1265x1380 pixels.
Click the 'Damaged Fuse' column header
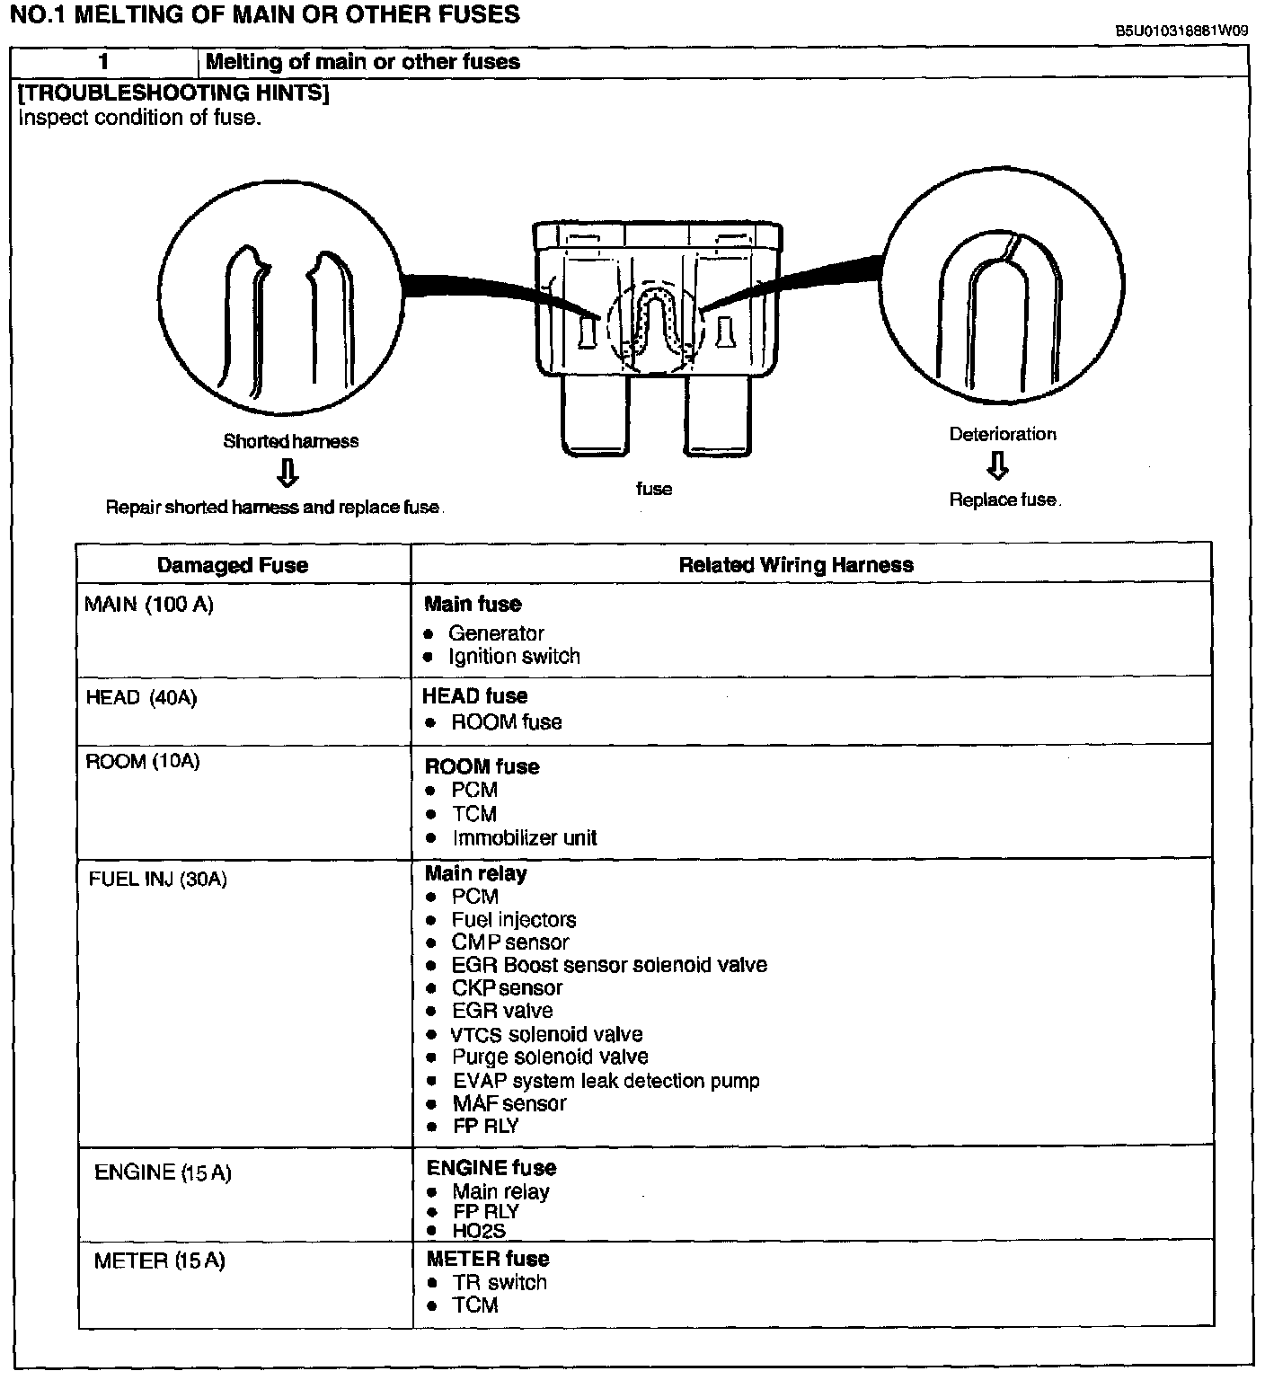coord(232,565)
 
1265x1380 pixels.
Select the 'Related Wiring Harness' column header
coord(795,565)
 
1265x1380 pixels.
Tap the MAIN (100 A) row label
coord(149,605)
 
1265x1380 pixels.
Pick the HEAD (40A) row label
coord(141,697)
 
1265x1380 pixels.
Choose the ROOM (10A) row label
coord(143,762)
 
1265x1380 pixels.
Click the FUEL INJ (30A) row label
coord(158,879)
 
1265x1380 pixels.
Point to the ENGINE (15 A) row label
coord(163,1172)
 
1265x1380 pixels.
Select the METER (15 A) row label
coord(160,1261)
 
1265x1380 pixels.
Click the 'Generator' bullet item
coord(496,633)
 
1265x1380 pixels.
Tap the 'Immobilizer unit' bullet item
coord(525,838)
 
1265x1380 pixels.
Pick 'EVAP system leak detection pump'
coord(606,1081)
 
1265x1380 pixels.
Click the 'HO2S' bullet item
coord(479,1231)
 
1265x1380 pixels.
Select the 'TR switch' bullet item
coord(500,1283)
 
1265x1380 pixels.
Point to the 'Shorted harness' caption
coord(290,441)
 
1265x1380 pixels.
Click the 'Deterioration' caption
coord(1003,434)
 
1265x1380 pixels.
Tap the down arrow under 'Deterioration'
coord(997,465)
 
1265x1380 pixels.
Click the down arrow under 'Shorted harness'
coord(287,473)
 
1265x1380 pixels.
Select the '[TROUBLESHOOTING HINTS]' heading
coord(173,93)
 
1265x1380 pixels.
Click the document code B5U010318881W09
coord(1181,31)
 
